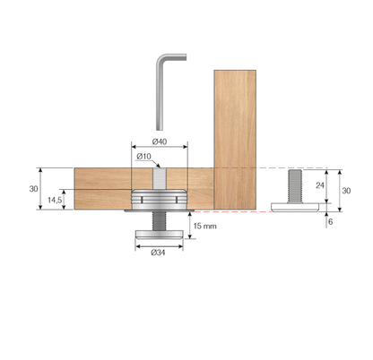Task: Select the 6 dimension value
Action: pyautogui.click(x=331, y=221)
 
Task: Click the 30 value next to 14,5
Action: pyautogui.click(x=32, y=189)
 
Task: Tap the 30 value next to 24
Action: pyautogui.click(x=346, y=191)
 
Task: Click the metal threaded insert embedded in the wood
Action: pyautogui.click(x=159, y=200)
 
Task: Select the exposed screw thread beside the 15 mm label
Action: pyautogui.click(x=159, y=221)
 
